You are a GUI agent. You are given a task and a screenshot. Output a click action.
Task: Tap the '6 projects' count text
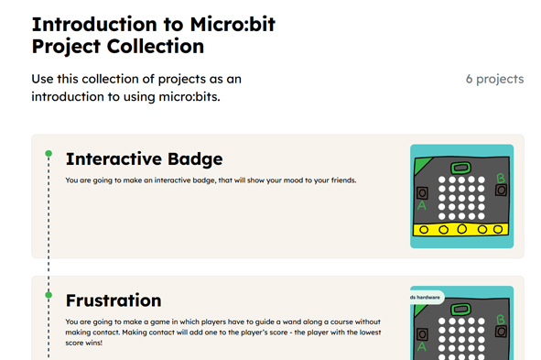tap(494, 79)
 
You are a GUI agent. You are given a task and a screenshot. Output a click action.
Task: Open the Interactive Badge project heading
tap(144, 159)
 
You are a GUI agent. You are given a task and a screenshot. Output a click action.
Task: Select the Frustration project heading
tap(114, 300)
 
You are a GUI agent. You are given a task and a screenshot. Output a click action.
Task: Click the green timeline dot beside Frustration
tap(49, 295)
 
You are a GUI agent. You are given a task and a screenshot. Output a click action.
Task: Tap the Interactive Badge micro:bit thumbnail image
tap(461, 195)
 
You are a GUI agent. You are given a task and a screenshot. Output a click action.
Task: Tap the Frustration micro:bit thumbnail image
tap(461, 325)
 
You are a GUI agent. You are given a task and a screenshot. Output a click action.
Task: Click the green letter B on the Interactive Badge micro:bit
tap(500, 178)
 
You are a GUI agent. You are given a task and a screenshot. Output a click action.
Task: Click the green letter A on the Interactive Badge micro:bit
tap(422, 207)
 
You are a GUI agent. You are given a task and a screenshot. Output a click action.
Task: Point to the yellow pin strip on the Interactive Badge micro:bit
tap(461, 229)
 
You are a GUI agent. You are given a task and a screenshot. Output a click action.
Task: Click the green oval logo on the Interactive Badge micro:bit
tap(461, 169)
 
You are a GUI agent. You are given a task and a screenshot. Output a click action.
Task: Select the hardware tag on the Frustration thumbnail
tap(426, 297)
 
